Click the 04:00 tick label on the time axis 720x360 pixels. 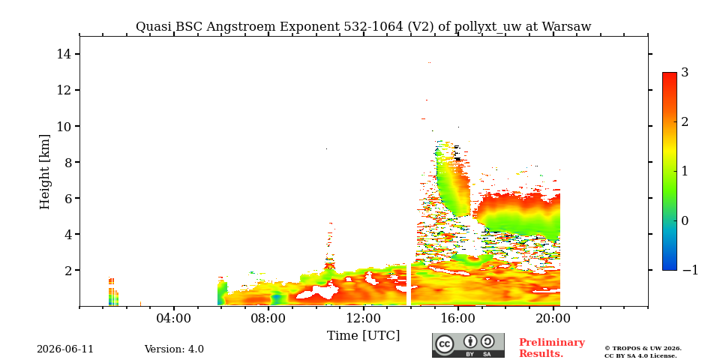(x=174, y=319)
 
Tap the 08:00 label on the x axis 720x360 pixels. (x=268, y=319)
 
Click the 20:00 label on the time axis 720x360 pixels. (x=553, y=319)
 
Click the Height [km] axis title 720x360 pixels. (x=44, y=172)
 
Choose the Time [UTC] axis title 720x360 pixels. (x=363, y=336)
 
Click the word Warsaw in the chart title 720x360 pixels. (x=567, y=27)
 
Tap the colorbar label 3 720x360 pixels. (x=685, y=73)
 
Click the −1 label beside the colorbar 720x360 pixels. (x=690, y=271)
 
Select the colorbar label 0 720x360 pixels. (x=685, y=220)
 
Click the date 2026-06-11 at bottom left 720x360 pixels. (x=65, y=349)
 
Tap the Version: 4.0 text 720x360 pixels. (x=174, y=349)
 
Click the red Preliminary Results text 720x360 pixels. (x=552, y=348)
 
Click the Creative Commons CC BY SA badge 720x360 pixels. (x=468, y=345)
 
